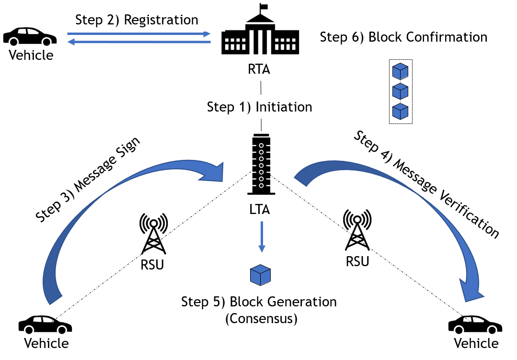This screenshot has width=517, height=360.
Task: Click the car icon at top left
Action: tap(30, 37)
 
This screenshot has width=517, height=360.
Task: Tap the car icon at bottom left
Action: tap(45, 325)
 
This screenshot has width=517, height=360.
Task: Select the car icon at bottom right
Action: tap(475, 325)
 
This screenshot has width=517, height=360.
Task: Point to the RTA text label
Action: tap(259, 69)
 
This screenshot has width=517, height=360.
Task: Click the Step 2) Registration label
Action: tap(137, 20)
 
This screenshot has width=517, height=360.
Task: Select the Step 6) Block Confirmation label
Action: tap(403, 37)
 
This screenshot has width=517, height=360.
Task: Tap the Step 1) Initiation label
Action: tap(259, 107)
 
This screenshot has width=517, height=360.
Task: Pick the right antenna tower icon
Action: tap(356, 230)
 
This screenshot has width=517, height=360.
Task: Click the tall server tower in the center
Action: tap(261, 164)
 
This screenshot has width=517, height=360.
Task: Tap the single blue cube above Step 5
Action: tap(261, 275)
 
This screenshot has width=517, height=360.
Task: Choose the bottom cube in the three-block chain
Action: tap(400, 112)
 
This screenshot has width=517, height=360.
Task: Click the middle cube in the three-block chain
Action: tap(400, 91)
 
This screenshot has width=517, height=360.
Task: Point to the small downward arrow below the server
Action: tap(262, 236)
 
